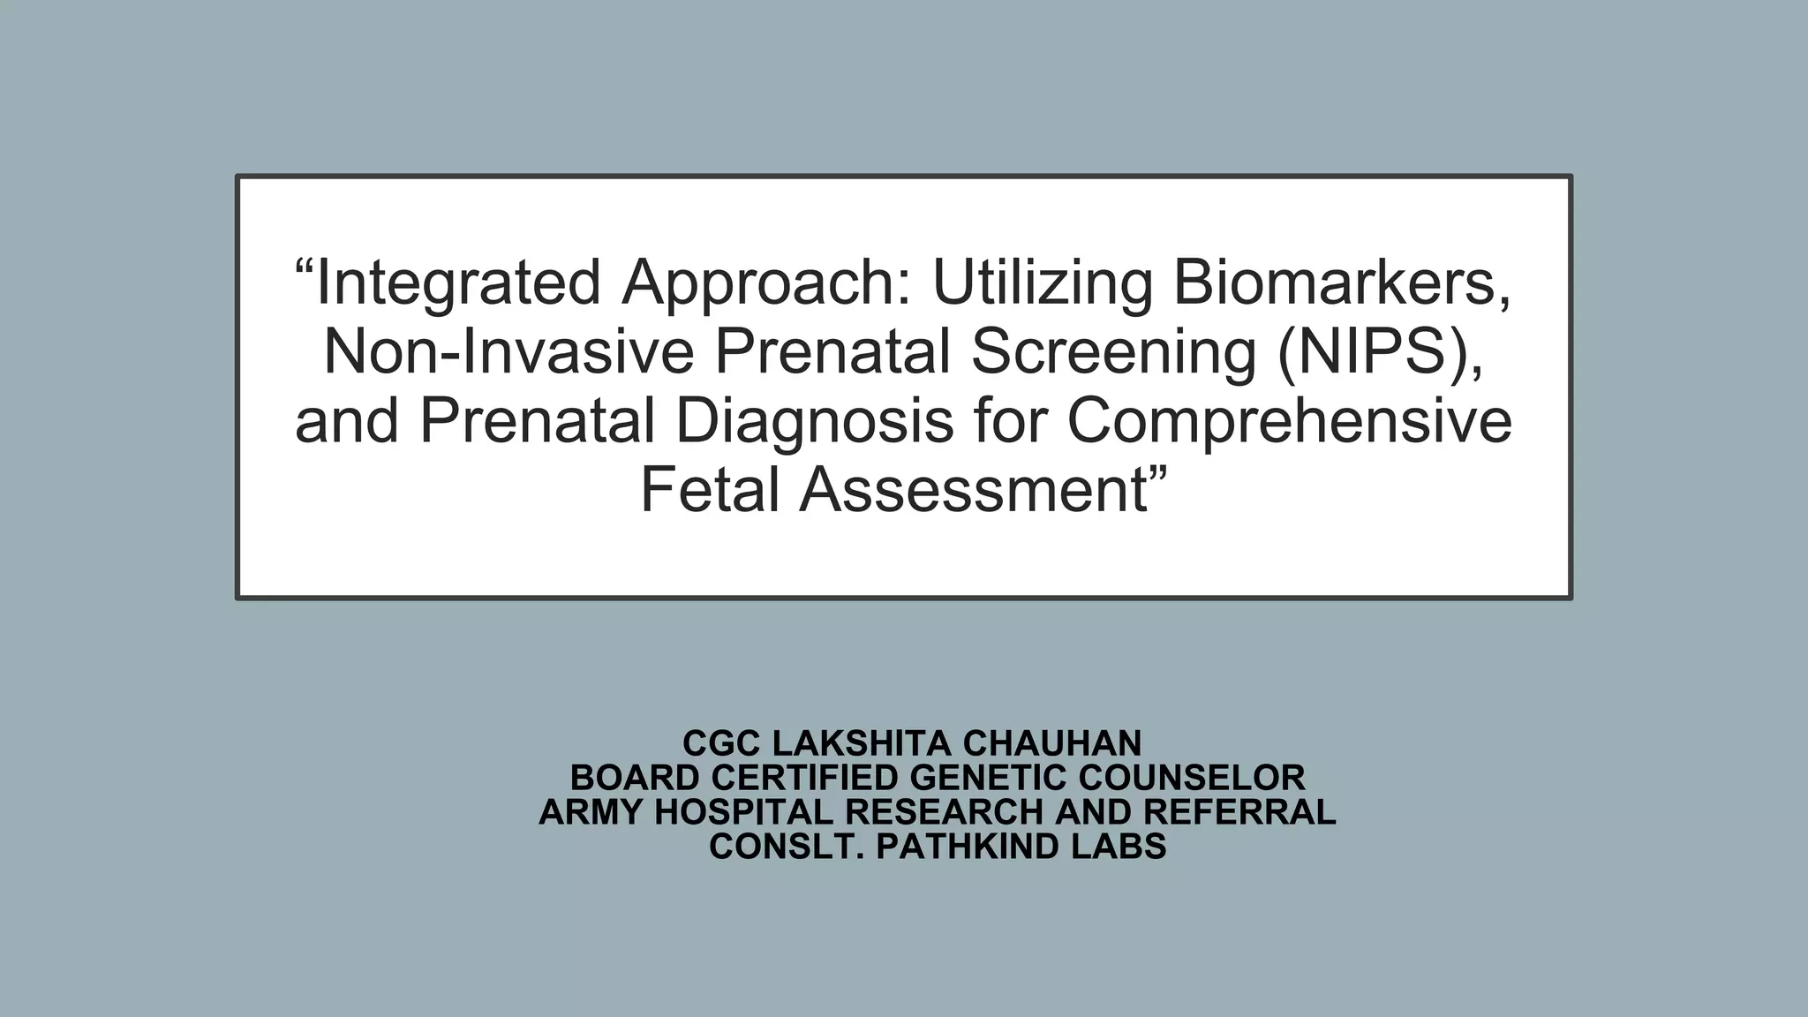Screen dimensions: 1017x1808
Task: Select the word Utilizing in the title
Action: coord(1042,282)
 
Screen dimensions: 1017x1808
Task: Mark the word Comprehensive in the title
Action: coord(1289,420)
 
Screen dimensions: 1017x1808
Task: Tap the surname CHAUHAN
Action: coord(1052,743)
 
